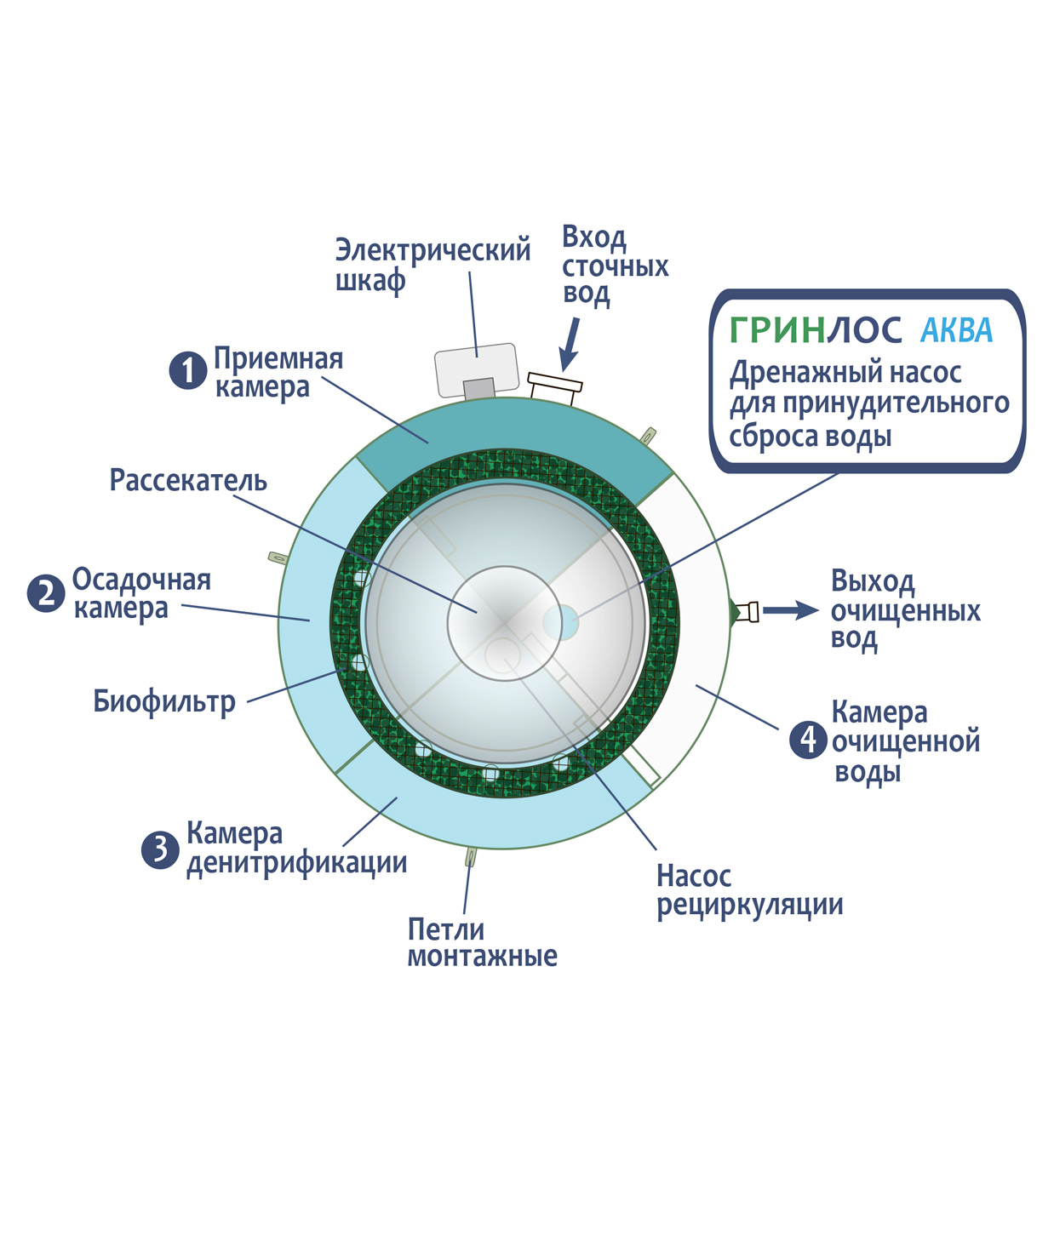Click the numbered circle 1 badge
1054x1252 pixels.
point(188,370)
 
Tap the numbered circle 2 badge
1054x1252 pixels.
point(46,593)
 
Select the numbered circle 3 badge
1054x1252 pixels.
point(160,849)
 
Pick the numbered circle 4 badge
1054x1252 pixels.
point(808,740)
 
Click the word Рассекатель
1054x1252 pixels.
point(188,480)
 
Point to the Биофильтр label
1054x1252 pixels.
point(164,701)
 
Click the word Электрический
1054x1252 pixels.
point(432,250)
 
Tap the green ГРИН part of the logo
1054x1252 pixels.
point(777,329)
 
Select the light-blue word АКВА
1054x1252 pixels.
point(957,329)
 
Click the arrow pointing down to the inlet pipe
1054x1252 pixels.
point(570,344)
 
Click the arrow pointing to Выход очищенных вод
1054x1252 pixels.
point(791,610)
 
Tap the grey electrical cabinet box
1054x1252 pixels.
point(476,369)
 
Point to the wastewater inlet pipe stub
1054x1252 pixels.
point(555,388)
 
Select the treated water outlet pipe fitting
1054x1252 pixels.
point(748,612)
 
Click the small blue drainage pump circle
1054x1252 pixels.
point(561,622)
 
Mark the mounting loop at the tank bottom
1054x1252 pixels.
point(471,856)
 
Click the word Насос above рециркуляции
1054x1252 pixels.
point(694,876)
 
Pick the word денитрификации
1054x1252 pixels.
point(297,863)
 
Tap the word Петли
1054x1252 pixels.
point(446,929)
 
